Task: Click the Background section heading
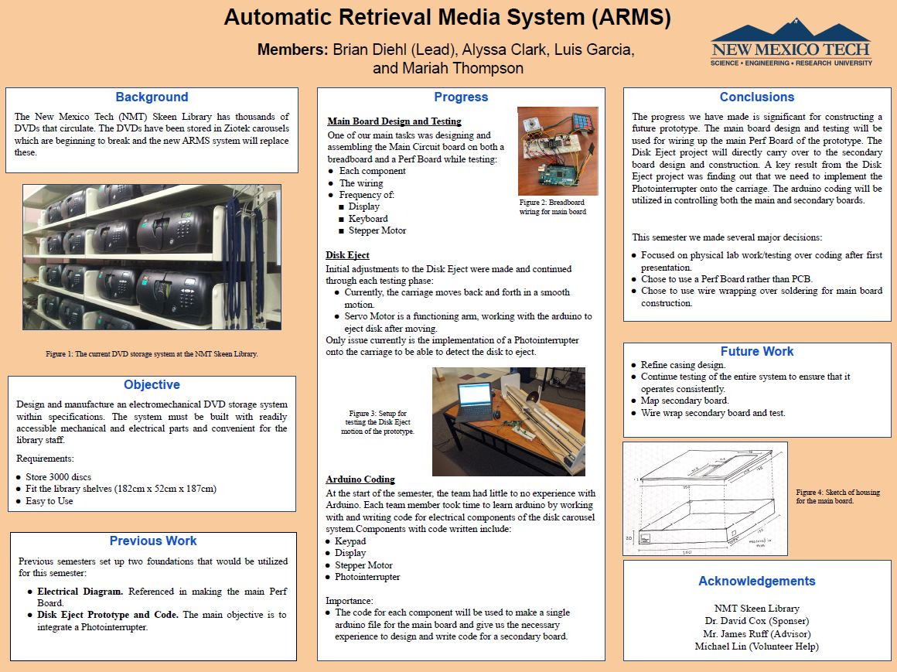pyautogui.click(x=152, y=97)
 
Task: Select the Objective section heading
pyautogui.click(x=152, y=385)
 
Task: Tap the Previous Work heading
pyautogui.click(x=153, y=541)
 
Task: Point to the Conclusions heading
pyautogui.click(x=756, y=97)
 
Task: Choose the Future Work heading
pyautogui.click(x=756, y=352)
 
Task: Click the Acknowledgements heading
pyautogui.click(x=756, y=582)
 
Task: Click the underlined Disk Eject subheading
pyautogui.click(x=347, y=255)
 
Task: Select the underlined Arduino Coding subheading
pyautogui.click(x=360, y=479)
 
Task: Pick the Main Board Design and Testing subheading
pyautogui.click(x=394, y=121)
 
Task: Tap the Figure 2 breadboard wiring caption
pyautogui.click(x=552, y=206)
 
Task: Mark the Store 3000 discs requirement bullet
pyautogui.click(x=58, y=477)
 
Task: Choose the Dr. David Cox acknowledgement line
pyautogui.click(x=756, y=621)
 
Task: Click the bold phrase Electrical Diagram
pyautogui.click(x=80, y=592)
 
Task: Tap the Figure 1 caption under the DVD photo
pyautogui.click(x=152, y=353)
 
